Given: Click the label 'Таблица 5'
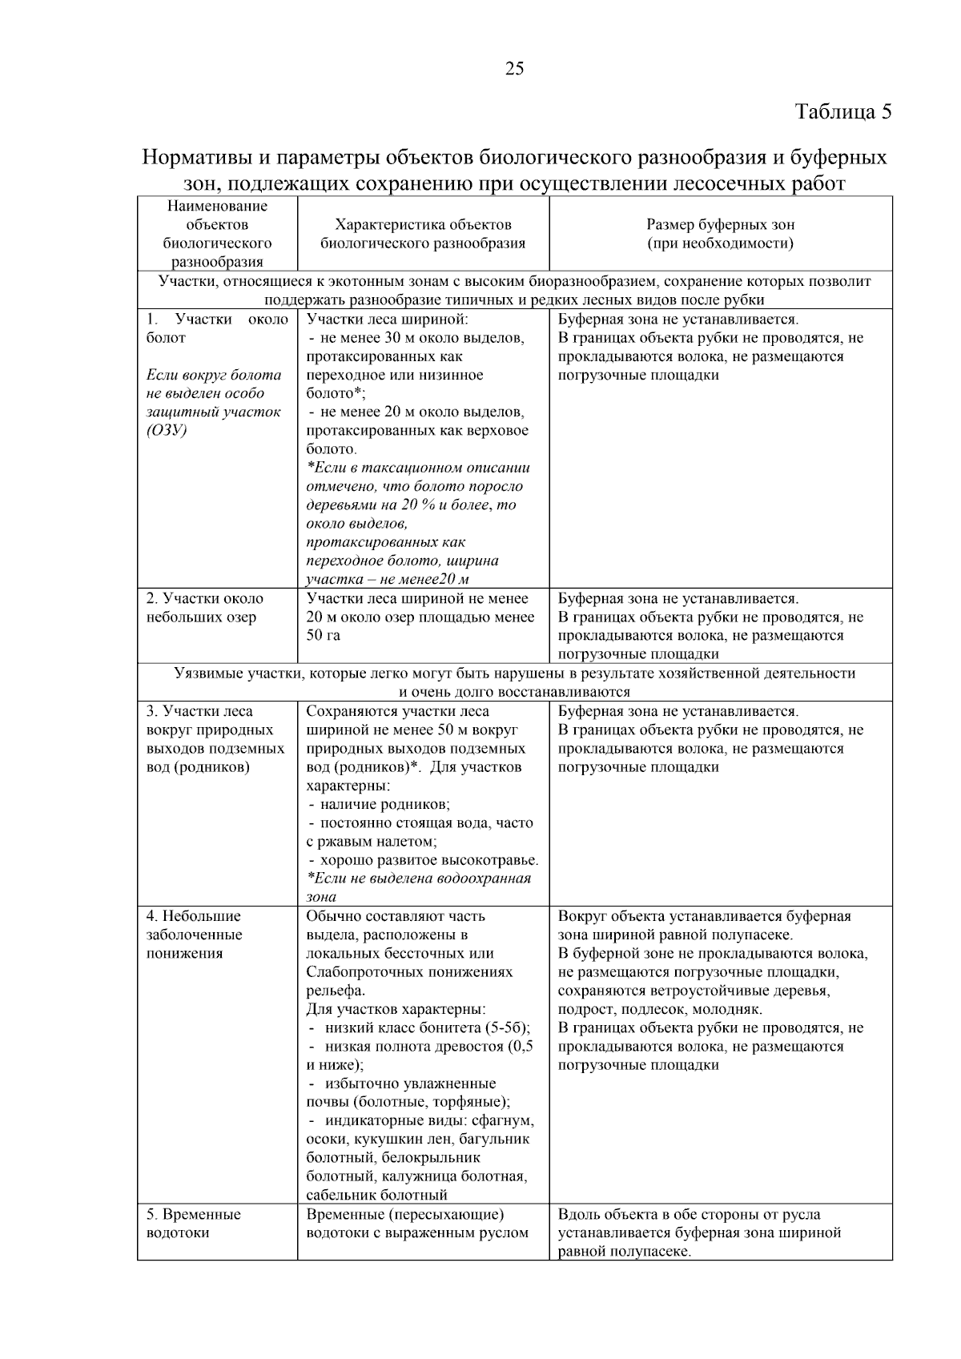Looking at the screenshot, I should pos(842,111).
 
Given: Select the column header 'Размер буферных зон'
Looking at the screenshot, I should pos(720,225).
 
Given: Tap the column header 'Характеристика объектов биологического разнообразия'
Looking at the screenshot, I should pos(423,234).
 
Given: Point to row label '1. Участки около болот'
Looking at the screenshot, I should pos(216,328).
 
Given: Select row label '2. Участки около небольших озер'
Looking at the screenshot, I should pos(203,608).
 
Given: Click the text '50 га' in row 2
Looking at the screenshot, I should pos(324,635).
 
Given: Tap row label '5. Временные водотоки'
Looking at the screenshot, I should pos(192,1223).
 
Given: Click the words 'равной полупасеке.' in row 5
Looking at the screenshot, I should pos(624,1252).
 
